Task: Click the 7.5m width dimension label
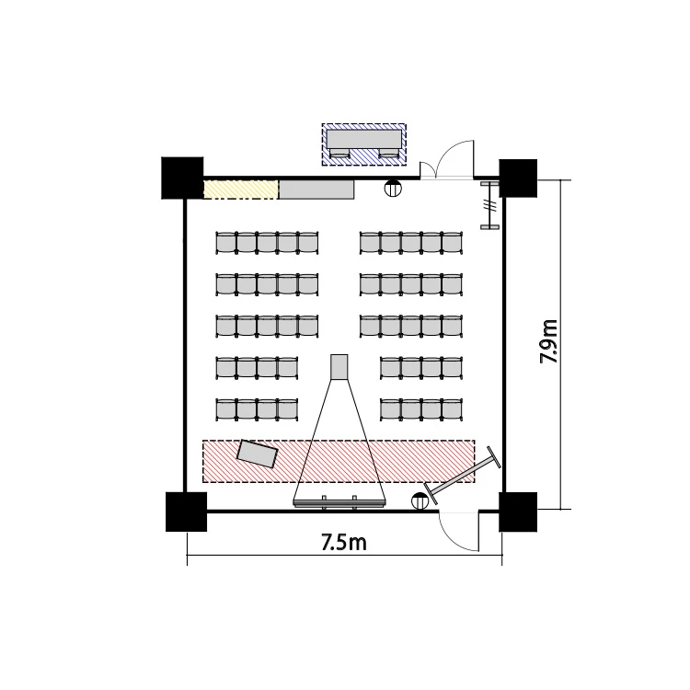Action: tap(344, 542)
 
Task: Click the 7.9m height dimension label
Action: tap(548, 341)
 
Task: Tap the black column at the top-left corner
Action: tap(182, 178)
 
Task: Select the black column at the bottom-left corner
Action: tap(186, 512)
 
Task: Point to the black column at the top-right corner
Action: tap(518, 178)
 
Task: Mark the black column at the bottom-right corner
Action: tap(518, 512)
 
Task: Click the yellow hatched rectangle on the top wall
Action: tap(241, 190)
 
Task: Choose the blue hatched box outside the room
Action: tap(364, 144)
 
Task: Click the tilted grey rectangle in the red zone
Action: tap(258, 454)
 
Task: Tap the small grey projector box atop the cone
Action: tap(339, 367)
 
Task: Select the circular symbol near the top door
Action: tap(393, 189)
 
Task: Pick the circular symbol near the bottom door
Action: tap(420, 501)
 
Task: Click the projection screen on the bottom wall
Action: tap(339, 504)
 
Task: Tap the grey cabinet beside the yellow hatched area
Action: tap(316, 190)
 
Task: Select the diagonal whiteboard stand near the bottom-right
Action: tap(462, 476)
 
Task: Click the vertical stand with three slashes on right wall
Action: tap(489, 205)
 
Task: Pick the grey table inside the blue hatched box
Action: tap(364, 139)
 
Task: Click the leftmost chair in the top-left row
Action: tap(226, 243)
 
